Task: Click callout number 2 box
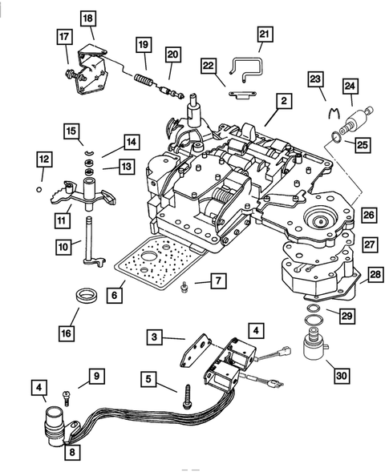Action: tap(283, 102)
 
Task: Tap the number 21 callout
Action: tap(263, 33)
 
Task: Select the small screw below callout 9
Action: tap(65, 394)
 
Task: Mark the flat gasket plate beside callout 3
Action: tap(196, 349)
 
